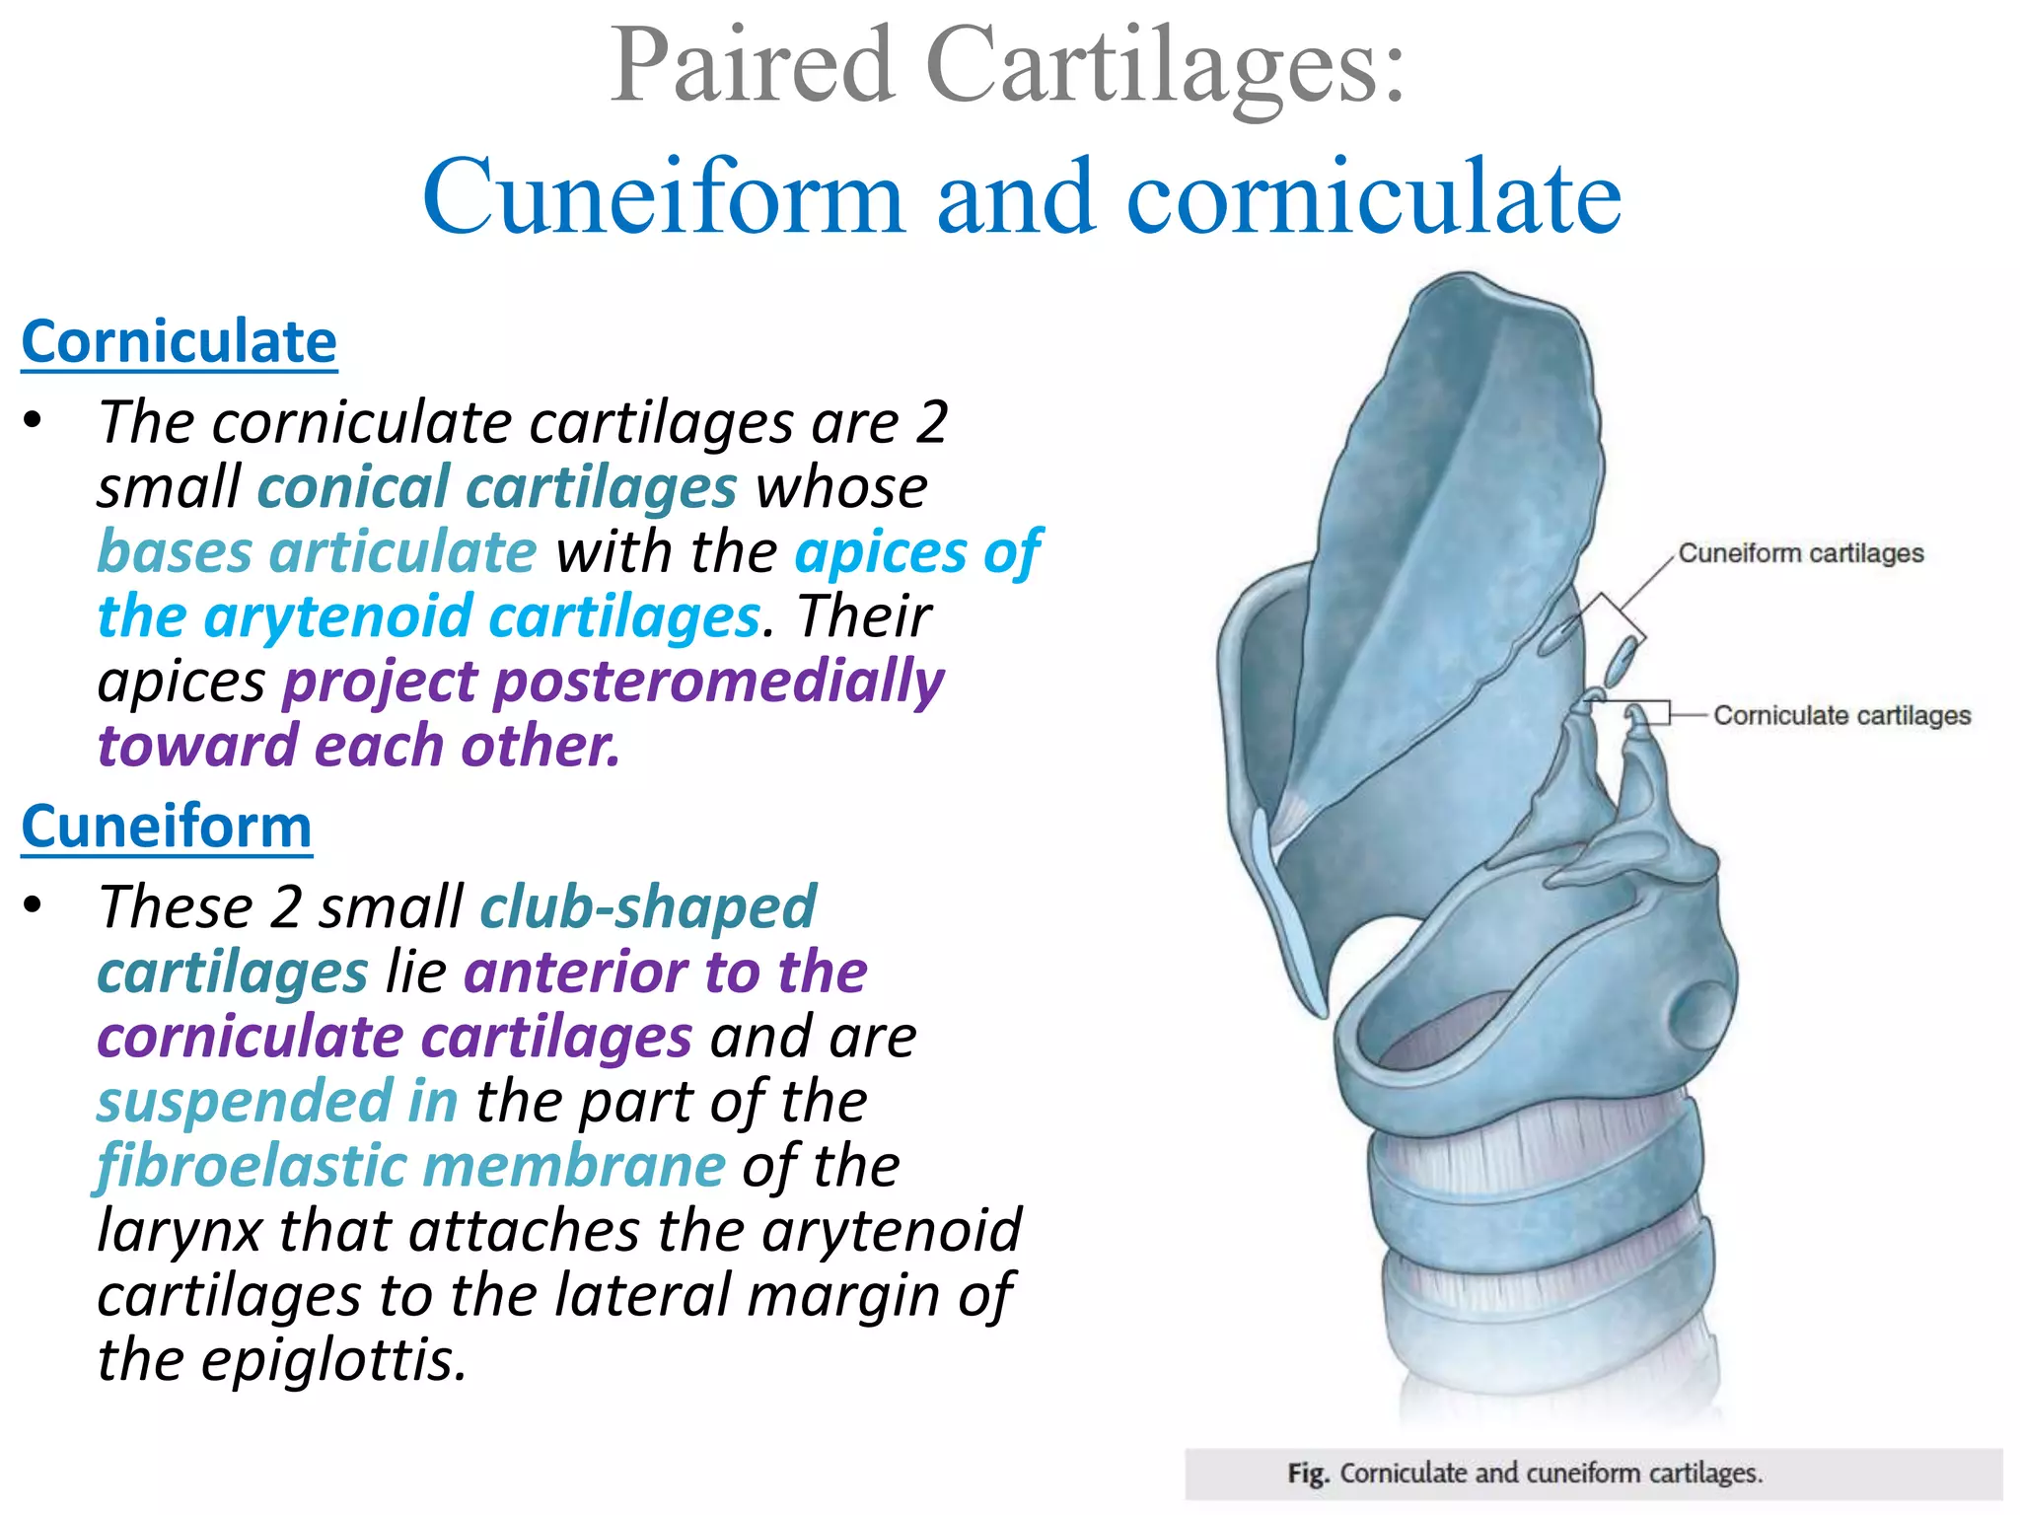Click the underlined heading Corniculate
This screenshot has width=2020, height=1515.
[x=179, y=342]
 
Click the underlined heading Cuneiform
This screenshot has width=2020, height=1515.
[x=166, y=827]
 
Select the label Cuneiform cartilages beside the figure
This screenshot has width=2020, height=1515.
[x=1800, y=553]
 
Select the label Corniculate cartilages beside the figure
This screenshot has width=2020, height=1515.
[x=1841, y=715]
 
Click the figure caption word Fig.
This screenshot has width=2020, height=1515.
[x=1308, y=1474]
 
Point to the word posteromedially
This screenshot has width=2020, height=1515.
[x=719, y=683]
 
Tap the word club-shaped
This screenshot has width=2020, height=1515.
[x=648, y=907]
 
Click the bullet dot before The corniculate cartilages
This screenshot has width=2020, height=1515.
[x=34, y=421]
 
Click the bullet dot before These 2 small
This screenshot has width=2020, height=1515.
[x=34, y=905]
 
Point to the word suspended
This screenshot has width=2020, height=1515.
[x=245, y=1102]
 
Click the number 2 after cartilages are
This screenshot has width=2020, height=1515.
[x=931, y=423]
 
